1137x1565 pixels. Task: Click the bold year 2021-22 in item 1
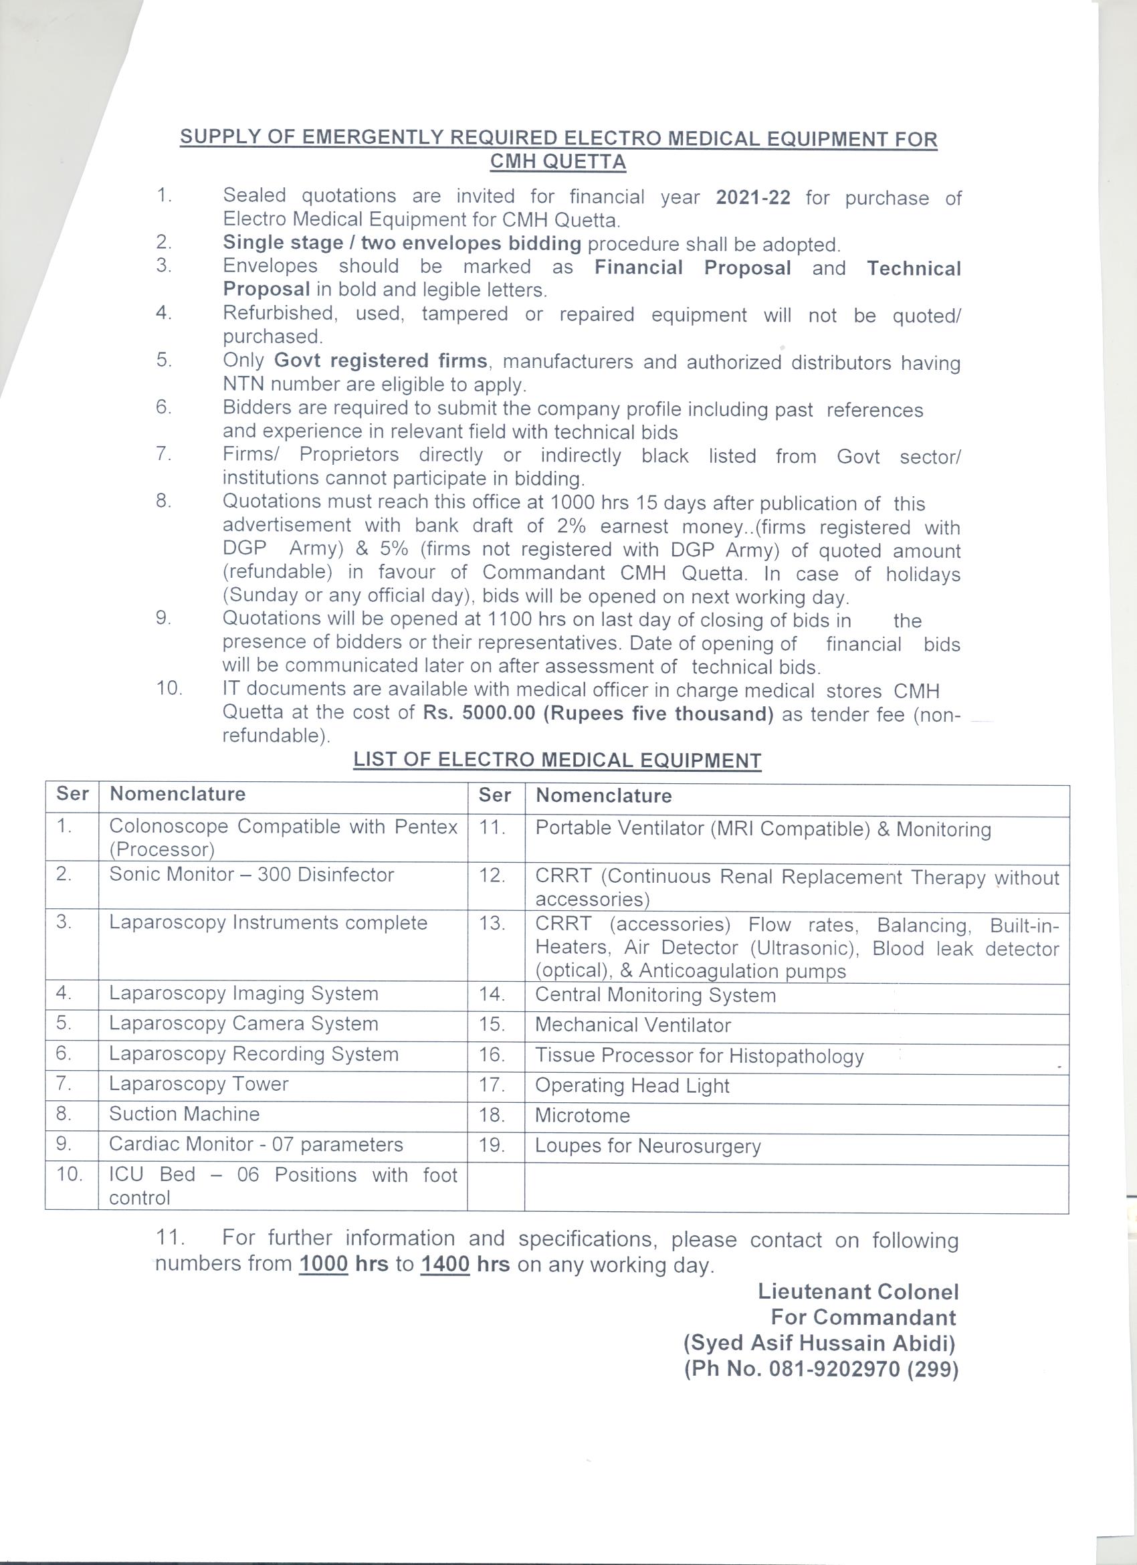752,198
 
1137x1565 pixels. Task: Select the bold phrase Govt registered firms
381,361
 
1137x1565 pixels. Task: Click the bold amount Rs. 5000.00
479,713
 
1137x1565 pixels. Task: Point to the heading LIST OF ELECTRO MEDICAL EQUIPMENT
556,760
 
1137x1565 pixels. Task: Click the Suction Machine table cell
184,1114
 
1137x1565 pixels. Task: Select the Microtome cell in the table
583,1116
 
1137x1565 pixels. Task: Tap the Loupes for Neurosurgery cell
648,1146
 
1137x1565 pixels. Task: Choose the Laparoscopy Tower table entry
199,1084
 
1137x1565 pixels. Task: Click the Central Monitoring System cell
655,995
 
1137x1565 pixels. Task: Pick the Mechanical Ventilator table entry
633,1025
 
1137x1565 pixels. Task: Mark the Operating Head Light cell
632,1086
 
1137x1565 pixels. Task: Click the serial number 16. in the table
493,1056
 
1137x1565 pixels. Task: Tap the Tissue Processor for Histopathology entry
699,1056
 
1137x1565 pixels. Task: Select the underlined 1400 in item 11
445,1264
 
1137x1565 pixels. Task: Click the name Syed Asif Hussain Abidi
819,1344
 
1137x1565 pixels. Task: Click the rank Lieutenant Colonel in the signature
858,1291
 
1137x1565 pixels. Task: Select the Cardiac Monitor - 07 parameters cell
256,1144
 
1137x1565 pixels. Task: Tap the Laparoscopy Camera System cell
243,1023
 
